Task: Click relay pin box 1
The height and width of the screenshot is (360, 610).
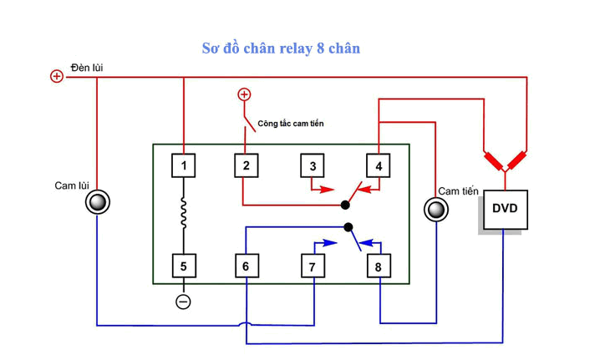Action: (x=184, y=165)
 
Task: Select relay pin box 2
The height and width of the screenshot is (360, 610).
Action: (x=247, y=165)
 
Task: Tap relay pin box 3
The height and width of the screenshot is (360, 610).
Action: (x=313, y=165)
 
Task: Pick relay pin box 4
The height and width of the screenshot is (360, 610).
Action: (x=379, y=165)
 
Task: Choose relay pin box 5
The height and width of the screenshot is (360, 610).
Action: (x=184, y=266)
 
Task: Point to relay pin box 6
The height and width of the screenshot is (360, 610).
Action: (x=247, y=266)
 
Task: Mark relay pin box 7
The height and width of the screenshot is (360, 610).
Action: (x=313, y=266)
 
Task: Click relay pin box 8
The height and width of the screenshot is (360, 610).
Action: (x=379, y=266)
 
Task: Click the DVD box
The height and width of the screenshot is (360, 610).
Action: (x=506, y=210)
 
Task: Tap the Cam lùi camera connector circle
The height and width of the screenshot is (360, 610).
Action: (x=98, y=202)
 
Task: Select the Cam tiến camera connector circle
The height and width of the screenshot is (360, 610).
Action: (x=436, y=210)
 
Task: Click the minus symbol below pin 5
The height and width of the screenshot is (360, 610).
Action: (x=183, y=302)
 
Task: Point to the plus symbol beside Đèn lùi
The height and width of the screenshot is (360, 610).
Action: (x=57, y=76)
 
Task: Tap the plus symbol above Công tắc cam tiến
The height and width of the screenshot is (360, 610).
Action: (x=244, y=94)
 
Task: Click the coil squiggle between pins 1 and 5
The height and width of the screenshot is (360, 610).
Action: (x=184, y=212)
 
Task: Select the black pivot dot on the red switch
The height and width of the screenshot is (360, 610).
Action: (x=345, y=205)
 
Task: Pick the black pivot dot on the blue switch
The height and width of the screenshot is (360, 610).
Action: (x=348, y=227)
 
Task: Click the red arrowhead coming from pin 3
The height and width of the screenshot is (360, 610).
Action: (x=328, y=190)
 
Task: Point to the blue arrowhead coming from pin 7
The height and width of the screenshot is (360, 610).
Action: (x=330, y=243)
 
